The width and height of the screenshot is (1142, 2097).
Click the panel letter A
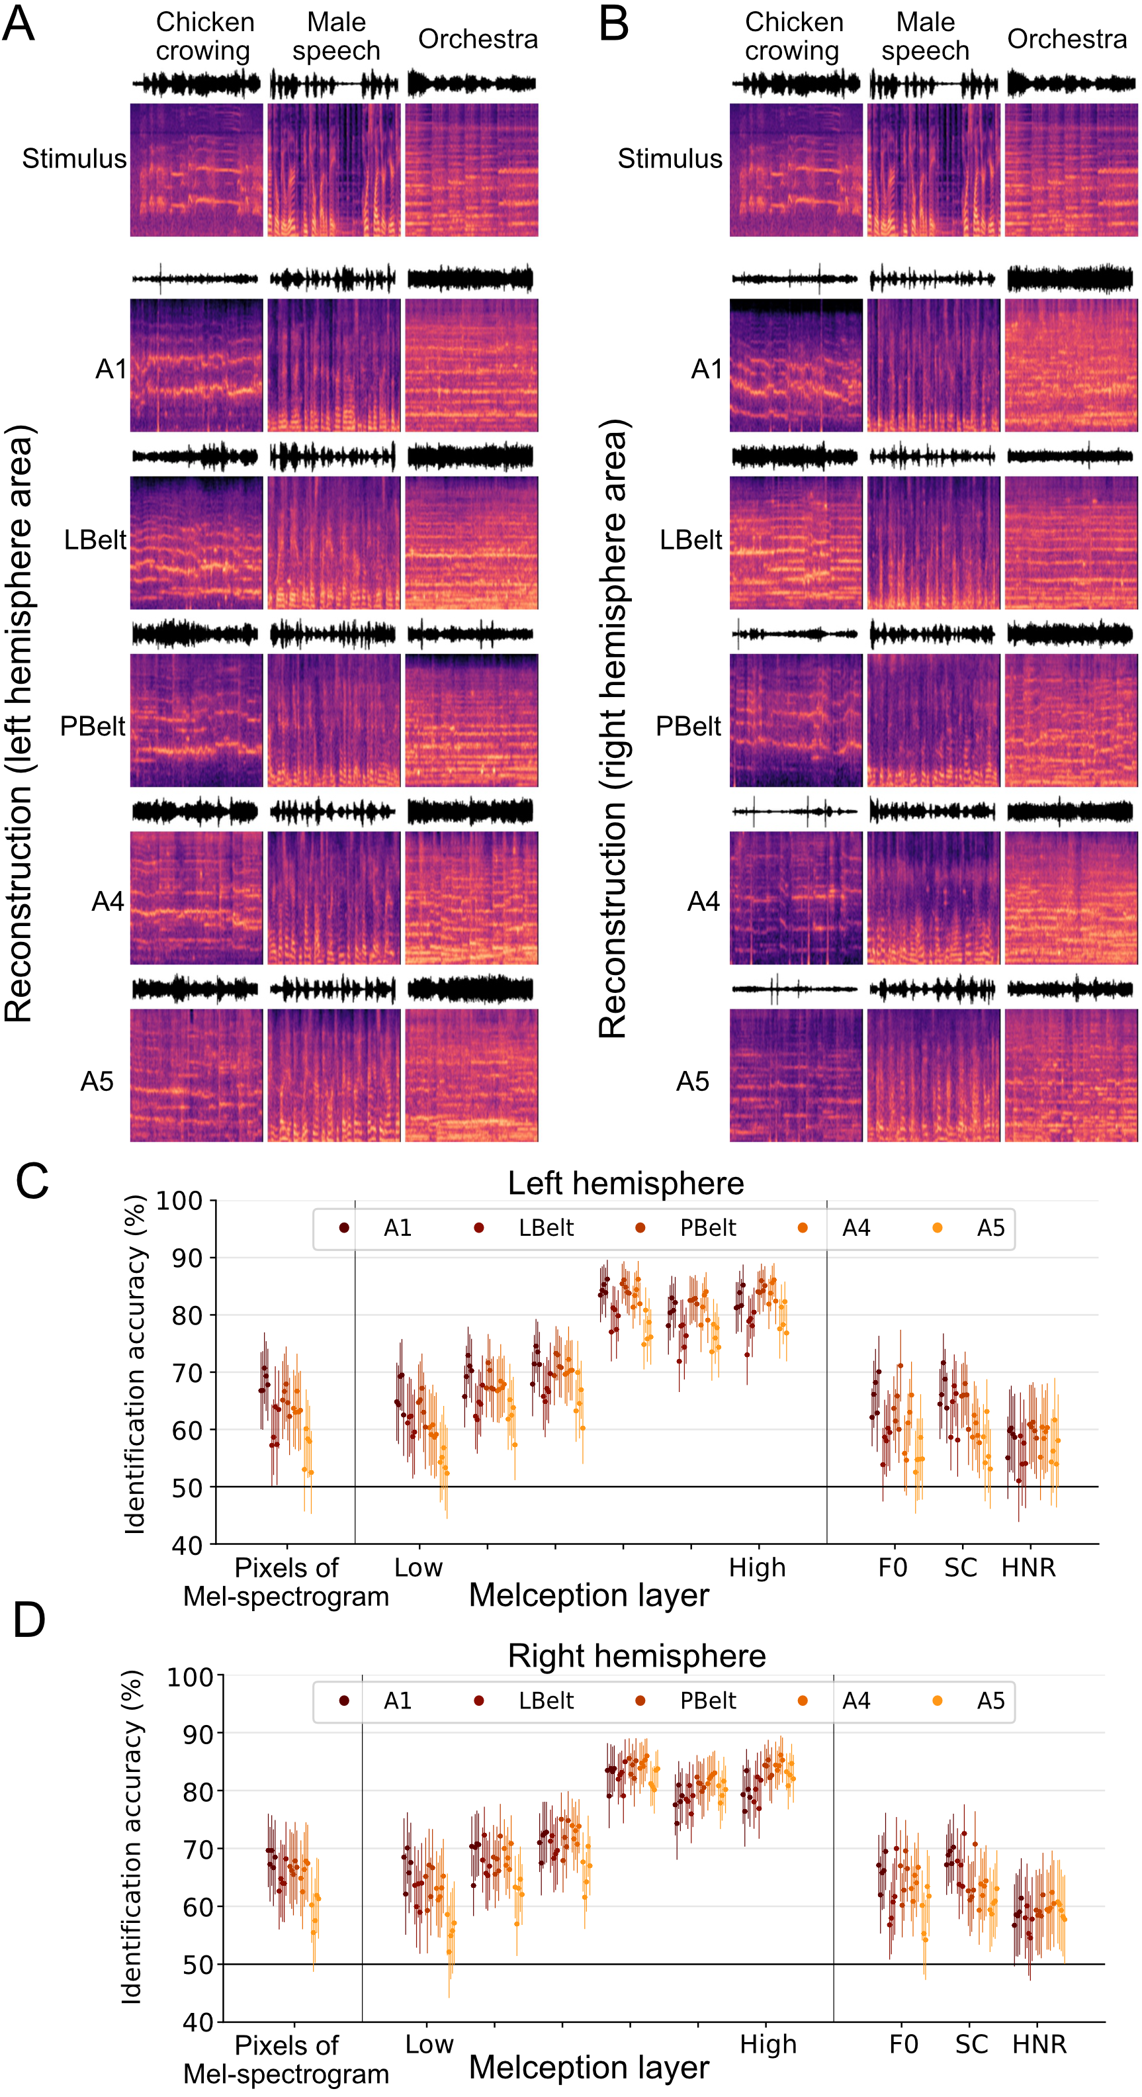point(18,24)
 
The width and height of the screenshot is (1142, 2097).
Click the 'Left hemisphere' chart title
point(625,1184)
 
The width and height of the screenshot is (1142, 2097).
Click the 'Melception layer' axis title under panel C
point(588,1595)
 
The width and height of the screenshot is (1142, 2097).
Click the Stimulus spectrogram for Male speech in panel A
point(333,169)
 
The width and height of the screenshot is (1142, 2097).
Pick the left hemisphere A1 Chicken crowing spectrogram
point(196,365)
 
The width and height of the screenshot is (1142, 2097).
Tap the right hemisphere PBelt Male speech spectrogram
point(933,720)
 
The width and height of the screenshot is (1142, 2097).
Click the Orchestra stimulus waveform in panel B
point(1071,83)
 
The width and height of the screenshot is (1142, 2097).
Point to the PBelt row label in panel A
point(93,725)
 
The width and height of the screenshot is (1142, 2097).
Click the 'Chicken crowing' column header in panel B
point(793,36)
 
